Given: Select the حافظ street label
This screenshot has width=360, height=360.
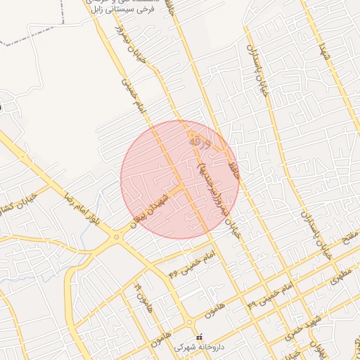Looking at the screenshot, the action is coord(230,167).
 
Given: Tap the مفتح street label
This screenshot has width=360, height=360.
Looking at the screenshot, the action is coord(350,240).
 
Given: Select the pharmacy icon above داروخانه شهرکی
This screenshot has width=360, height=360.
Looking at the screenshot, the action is coord(200,336).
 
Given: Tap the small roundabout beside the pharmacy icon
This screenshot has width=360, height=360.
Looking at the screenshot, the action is coord(191,323).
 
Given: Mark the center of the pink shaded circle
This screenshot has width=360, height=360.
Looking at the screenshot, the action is coord(180,179).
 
